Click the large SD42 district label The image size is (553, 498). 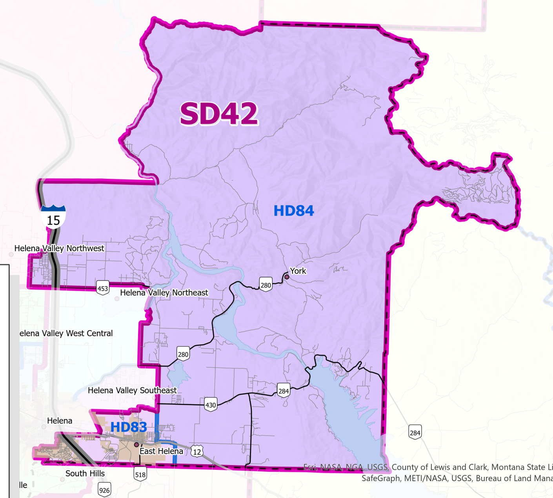click(219, 114)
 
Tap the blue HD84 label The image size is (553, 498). click(293, 211)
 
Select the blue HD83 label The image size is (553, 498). click(129, 427)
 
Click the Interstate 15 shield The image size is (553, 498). click(53, 217)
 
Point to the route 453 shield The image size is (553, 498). click(103, 288)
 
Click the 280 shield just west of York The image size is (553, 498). click(266, 285)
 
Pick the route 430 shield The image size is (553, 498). click(211, 405)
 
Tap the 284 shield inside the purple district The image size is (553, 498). click(283, 391)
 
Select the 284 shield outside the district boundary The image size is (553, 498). click(415, 433)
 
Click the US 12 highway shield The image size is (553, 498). click(197, 451)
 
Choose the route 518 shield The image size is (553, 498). click(140, 474)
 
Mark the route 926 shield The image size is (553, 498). click(104, 490)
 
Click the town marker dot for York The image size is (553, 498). click(287, 277)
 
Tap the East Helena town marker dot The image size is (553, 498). click(136, 445)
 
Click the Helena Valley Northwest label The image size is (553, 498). click(59, 248)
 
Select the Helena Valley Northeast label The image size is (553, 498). click(164, 293)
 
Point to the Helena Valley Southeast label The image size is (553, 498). click(132, 390)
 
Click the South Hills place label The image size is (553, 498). click(85, 473)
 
